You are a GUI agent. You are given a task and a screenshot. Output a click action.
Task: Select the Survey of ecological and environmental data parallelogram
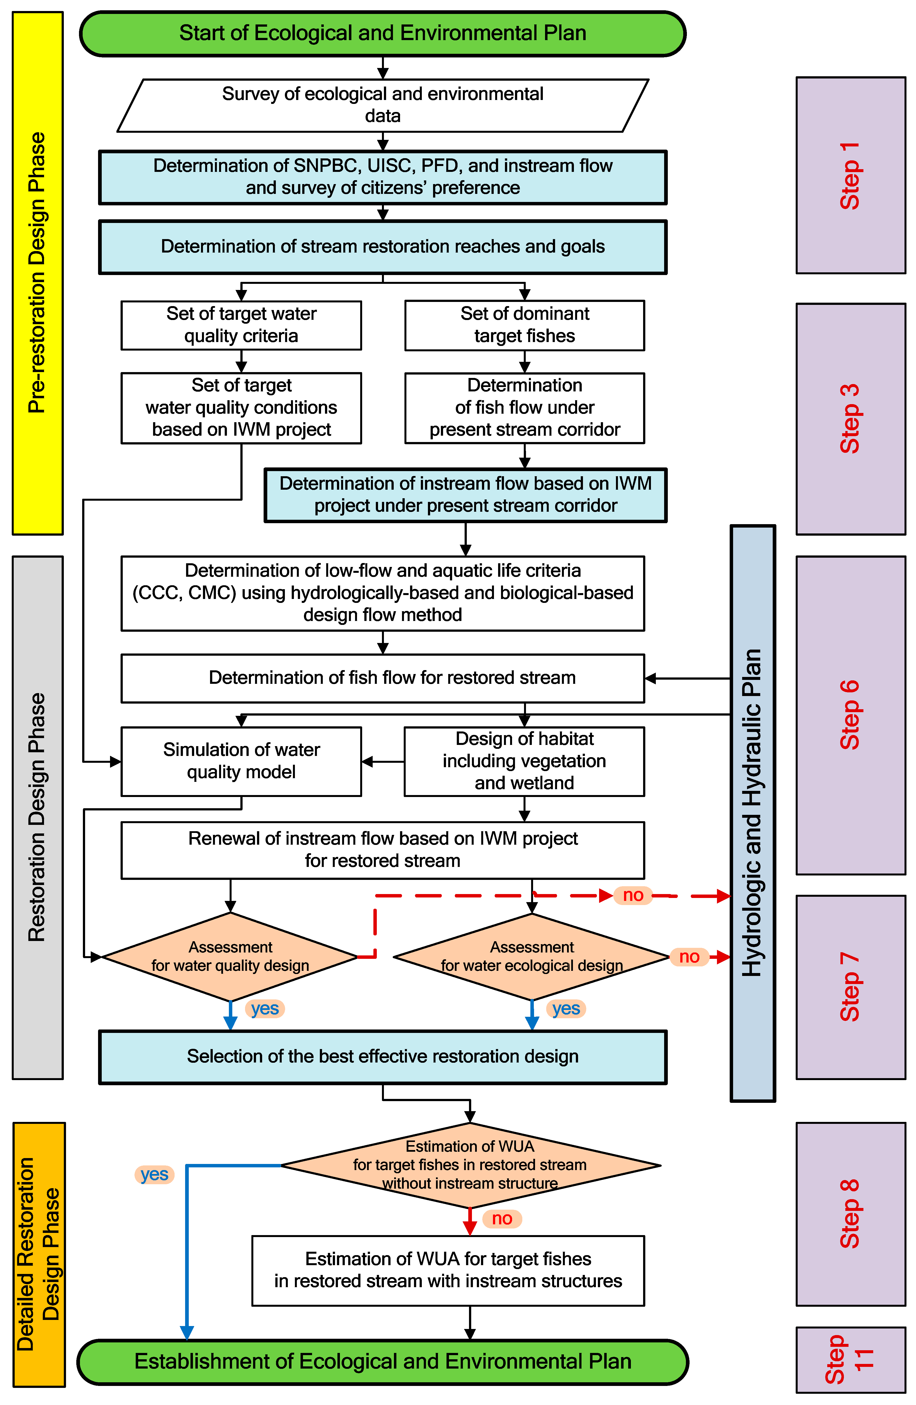pos(383,105)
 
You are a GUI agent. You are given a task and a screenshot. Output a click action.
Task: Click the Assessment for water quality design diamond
pos(230,956)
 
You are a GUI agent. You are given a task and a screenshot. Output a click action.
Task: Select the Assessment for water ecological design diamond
pos(532,956)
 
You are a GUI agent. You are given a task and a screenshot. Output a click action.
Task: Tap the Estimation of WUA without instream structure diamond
pos(470,1165)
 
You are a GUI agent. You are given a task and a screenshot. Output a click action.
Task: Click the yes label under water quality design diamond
pos(265,1008)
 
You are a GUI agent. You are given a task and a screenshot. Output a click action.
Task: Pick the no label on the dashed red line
pos(633,896)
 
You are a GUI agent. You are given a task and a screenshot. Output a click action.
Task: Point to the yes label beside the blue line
pos(154,1174)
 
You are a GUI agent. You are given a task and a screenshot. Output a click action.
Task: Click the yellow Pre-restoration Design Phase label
pos(37,273)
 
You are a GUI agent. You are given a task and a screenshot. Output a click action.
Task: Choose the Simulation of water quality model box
pos(241,761)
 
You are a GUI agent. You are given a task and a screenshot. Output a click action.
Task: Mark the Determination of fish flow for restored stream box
pos(383,678)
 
